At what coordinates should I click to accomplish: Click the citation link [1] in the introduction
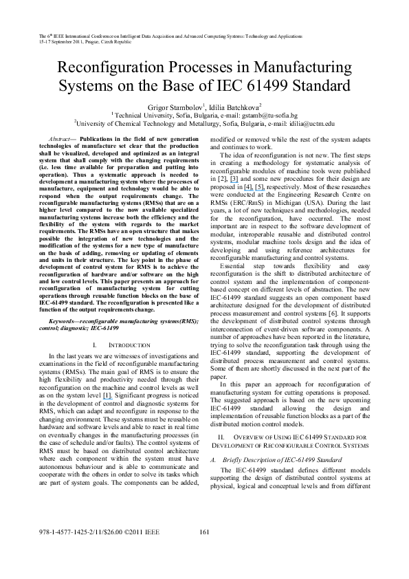(107, 396)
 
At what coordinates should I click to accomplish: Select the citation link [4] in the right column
(248, 186)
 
